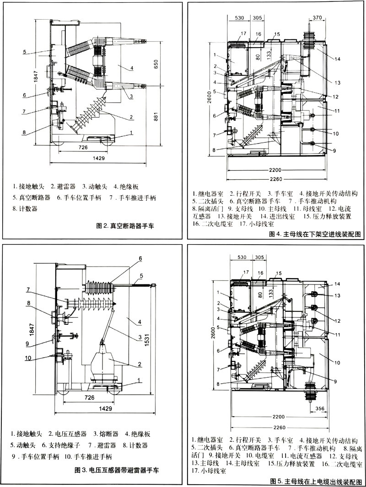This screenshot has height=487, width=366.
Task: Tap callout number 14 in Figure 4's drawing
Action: click(x=337, y=59)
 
